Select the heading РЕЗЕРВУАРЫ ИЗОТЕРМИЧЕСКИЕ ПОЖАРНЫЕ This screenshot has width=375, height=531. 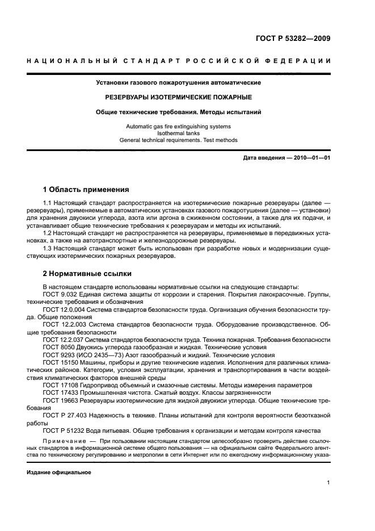point(178,97)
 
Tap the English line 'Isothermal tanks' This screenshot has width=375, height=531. point(178,133)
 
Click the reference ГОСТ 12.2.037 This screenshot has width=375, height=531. point(65,339)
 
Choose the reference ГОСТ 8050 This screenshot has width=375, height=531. point(58,346)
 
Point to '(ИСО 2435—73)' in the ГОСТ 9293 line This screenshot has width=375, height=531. point(100,354)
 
